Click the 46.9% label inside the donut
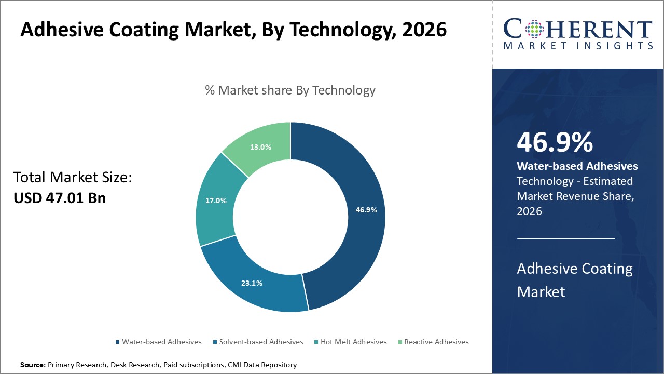(x=366, y=210)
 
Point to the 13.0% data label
(x=260, y=147)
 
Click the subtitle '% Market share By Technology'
(x=290, y=90)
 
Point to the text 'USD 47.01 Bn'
(x=59, y=197)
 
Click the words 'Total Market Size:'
(x=73, y=178)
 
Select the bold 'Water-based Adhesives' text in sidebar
(x=577, y=166)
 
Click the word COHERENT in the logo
(x=577, y=30)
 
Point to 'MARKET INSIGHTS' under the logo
(x=577, y=46)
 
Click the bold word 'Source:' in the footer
(x=33, y=365)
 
